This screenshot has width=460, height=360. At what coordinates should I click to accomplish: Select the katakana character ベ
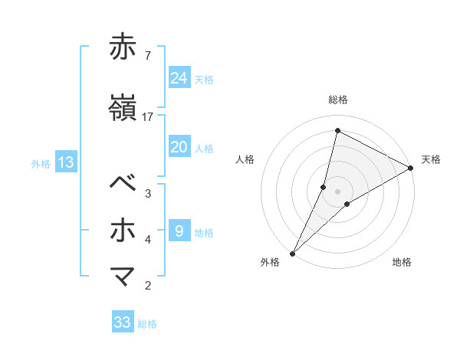123,184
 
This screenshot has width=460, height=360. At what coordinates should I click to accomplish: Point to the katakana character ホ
123,230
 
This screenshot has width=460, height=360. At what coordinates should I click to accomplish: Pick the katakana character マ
123,275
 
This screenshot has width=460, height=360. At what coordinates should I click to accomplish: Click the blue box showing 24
179,78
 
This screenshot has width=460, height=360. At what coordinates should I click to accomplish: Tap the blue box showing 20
179,147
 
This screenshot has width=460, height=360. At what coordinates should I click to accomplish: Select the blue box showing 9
179,231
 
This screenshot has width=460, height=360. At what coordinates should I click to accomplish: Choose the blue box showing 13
65,162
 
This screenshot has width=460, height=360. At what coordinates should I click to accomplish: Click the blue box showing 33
123,322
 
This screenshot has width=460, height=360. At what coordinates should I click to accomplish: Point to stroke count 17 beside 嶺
148,117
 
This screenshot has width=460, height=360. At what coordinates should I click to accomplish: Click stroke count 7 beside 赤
147,55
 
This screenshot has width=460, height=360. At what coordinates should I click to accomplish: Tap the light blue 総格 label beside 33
147,324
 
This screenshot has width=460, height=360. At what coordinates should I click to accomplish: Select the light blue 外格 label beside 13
41,163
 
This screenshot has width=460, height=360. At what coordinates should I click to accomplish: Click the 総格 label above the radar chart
338,100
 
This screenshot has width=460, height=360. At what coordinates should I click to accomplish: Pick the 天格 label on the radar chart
431,159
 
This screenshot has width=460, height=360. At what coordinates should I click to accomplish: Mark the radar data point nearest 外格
292,253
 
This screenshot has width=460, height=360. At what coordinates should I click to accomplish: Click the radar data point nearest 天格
411,168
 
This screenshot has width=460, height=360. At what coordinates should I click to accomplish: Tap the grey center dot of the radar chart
338,191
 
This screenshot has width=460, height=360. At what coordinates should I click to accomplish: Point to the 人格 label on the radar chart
245,159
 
